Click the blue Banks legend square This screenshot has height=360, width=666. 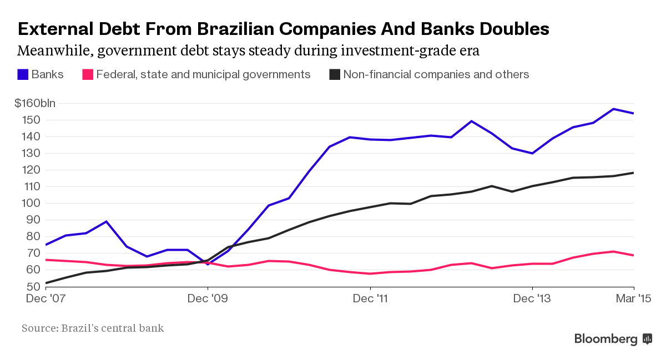coord(23,74)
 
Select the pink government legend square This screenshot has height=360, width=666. coord(87,74)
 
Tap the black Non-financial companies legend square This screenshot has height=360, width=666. coord(335,74)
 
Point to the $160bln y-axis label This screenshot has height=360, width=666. coord(34,103)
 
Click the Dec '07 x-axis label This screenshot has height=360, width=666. coord(46,299)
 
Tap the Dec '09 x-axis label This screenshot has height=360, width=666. coord(208,299)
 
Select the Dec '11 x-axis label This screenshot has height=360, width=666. coord(370,299)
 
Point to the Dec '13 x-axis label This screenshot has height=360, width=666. coord(532,299)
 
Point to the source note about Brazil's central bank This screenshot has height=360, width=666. coord(93,328)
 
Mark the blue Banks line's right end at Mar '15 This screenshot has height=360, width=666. coord(633,113)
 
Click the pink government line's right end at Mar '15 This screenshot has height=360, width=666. coord(633,255)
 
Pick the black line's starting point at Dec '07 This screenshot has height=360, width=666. coord(46,283)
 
